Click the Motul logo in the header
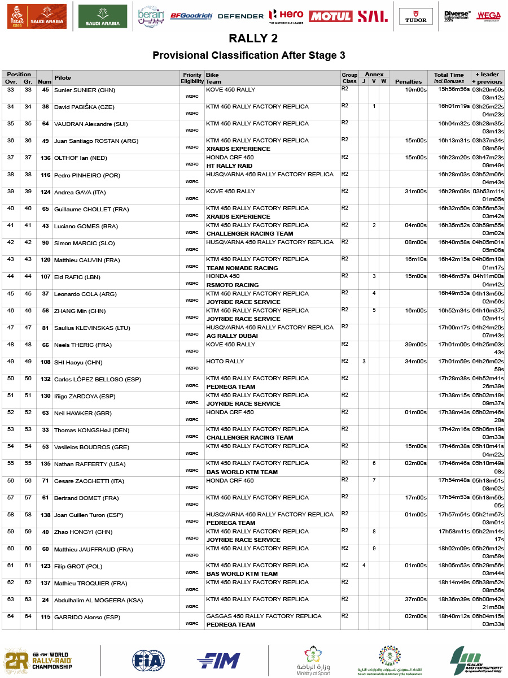(x=331, y=16)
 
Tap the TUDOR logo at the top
(x=416, y=16)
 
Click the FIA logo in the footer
(x=148, y=660)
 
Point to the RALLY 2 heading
(x=253, y=38)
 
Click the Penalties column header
(x=408, y=81)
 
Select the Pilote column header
(x=63, y=77)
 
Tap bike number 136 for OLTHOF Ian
(x=45, y=158)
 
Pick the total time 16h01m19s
(x=454, y=106)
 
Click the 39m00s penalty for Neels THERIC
(x=416, y=345)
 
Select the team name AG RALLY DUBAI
(x=232, y=336)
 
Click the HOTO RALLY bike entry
(x=225, y=362)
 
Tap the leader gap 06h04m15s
(x=488, y=616)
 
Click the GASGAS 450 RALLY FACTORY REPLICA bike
(x=264, y=616)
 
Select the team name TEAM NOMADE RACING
(x=242, y=268)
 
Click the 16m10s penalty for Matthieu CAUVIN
(x=416, y=259)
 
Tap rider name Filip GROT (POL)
(x=78, y=566)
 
